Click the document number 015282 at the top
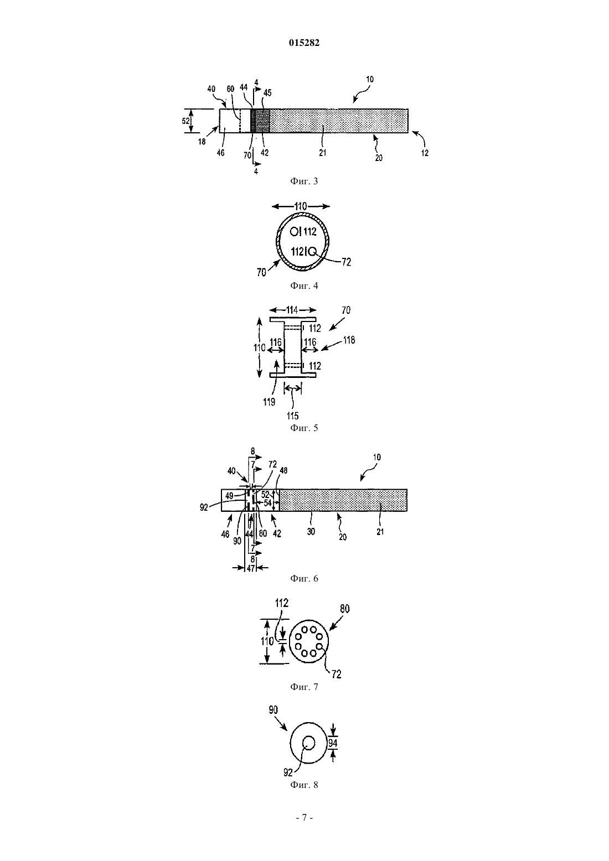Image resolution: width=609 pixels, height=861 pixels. click(x=304, y=43)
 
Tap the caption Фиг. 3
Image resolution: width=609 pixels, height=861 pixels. click(x=304, y=181)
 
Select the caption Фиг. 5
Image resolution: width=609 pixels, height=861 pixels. click(x=304, y=428)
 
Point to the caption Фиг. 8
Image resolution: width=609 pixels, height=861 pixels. click(x=304, y=785)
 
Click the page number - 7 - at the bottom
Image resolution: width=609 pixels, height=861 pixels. click(x=304, y=818)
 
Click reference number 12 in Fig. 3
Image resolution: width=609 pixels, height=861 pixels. click(x=425, y=153)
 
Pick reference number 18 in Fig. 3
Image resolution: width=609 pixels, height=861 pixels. click(x=202, y=142)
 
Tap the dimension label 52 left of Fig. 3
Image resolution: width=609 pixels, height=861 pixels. click(x=185, y=121)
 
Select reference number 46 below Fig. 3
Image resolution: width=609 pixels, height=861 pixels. click(x=221, y=153)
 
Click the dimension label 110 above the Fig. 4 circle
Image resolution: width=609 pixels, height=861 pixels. click(x=300, y=206)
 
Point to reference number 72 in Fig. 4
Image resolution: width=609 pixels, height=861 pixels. click(x=346, y=262)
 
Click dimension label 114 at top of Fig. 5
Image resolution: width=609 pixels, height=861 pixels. click(x=292, y=310)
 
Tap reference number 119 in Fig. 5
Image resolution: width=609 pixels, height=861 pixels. click(x=269, y=402)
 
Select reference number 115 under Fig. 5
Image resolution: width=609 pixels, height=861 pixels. click(x=292, y=416)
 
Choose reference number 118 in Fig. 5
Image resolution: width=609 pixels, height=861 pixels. click(x=349, y=340)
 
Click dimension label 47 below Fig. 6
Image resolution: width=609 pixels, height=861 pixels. click(x=251, y=568)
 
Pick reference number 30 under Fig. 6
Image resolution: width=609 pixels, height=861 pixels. click(x=311, y=532)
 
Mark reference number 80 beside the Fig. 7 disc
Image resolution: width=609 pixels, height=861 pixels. click(x=345, y=609)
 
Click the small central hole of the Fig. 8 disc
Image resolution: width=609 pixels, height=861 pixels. click(x=308, y=742)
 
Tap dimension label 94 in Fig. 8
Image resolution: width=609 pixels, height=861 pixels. click(x=333, y=744)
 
